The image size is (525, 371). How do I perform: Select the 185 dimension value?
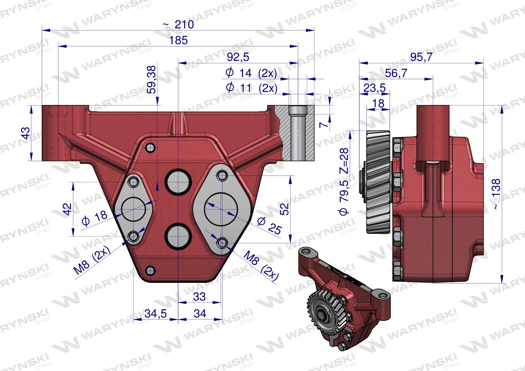coord(178,40)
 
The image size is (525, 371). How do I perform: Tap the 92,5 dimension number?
coord(238,57)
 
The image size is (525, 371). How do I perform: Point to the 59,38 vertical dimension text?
coord(152,80)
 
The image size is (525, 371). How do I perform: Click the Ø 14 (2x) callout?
coord(251,73)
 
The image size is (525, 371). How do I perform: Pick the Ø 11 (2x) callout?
coord(252,88)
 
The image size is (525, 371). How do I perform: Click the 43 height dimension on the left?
coord(26,133)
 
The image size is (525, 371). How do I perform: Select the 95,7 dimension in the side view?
coord(421,57)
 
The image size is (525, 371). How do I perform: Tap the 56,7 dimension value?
coord(396,73)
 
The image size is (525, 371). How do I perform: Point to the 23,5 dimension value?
coord(374,88)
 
